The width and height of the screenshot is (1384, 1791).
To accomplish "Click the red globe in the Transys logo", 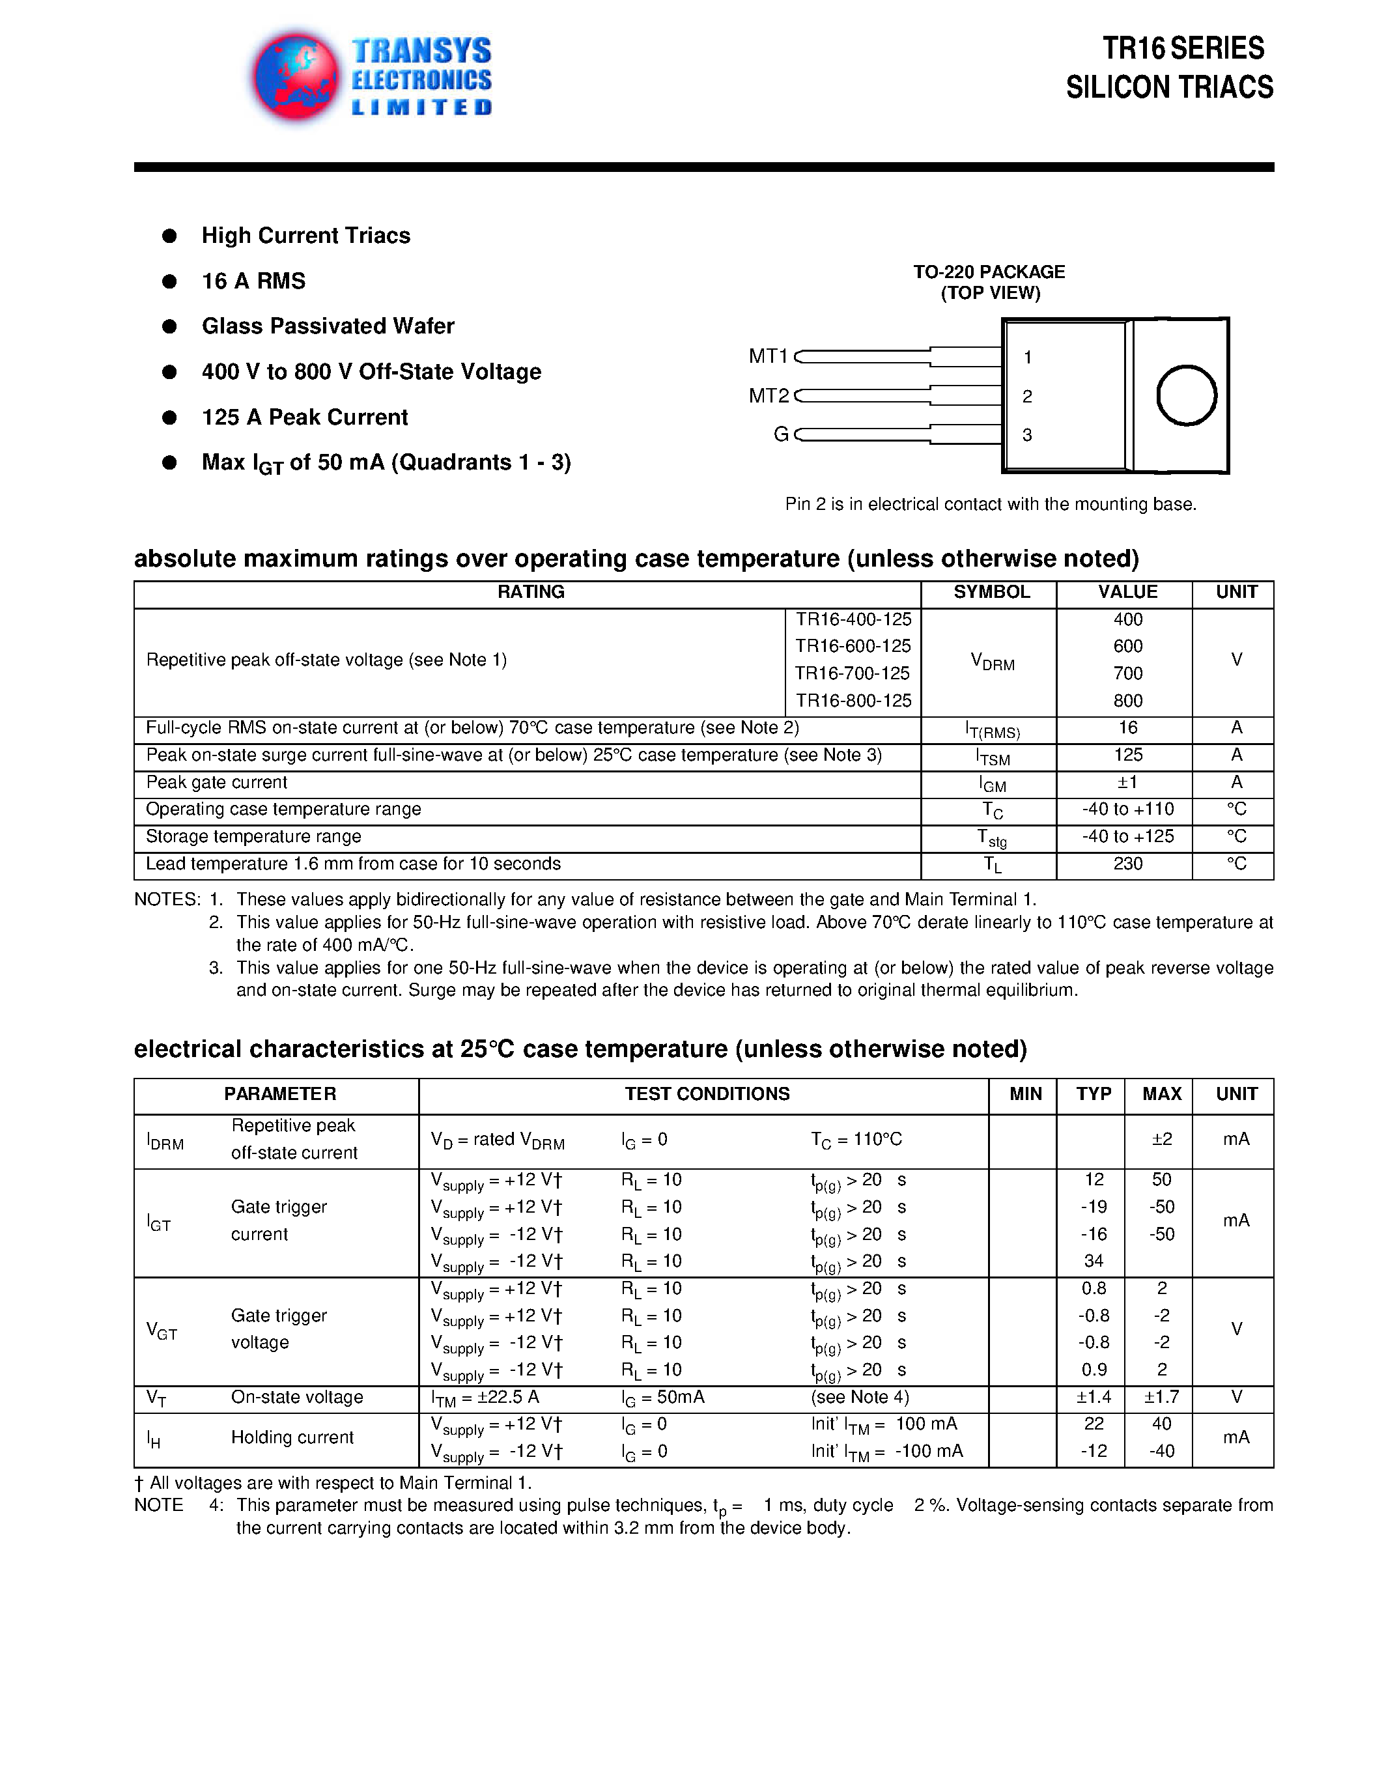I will pos(296,76).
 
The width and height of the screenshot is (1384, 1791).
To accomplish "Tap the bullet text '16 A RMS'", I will pos(253,281).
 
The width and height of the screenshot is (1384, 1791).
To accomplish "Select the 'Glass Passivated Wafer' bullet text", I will pos(327,326).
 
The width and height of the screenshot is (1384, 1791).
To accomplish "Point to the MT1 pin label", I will pos(767,356).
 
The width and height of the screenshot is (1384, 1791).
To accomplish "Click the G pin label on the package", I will pos(780,434).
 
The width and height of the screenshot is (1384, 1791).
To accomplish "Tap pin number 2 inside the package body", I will pos(1027,397).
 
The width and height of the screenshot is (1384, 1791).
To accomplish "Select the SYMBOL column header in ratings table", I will pos(991,592).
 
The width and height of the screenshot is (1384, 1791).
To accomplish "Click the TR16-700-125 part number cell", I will pos(852,673).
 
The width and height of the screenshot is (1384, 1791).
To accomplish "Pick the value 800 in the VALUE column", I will pos(1127,700).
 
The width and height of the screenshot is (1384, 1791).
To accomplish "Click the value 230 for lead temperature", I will pos(1127,864).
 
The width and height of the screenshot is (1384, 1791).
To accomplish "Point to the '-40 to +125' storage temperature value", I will pos(1127,836).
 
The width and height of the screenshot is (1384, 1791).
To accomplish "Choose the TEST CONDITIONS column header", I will pos(707,1094).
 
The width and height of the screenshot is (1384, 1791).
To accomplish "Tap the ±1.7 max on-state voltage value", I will pos(1161,1396).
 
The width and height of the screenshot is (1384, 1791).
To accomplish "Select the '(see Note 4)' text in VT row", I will pos(859,1396).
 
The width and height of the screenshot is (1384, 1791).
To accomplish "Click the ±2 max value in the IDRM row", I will pos(1161,1139).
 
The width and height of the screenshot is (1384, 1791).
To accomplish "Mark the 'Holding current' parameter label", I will pos(292,1437).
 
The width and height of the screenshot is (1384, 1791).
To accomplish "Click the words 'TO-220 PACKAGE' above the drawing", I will pos(989,272).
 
